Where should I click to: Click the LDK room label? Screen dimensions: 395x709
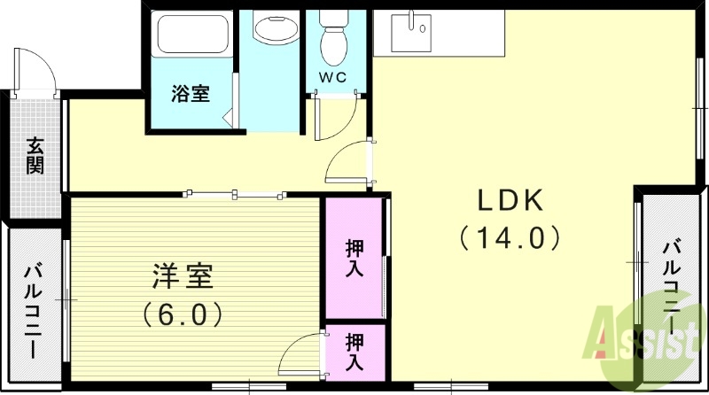click(510, 202)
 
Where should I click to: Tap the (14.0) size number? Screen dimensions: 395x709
click(510, 237)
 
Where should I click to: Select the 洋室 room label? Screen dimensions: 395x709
click(182, 277)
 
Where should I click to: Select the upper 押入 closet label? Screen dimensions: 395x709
click(354, 258)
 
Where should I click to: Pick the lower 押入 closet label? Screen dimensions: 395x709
click(354, 351)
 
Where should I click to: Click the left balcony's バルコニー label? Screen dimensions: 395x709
click(34, 310)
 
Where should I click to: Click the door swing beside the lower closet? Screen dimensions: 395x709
click(301, 354)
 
